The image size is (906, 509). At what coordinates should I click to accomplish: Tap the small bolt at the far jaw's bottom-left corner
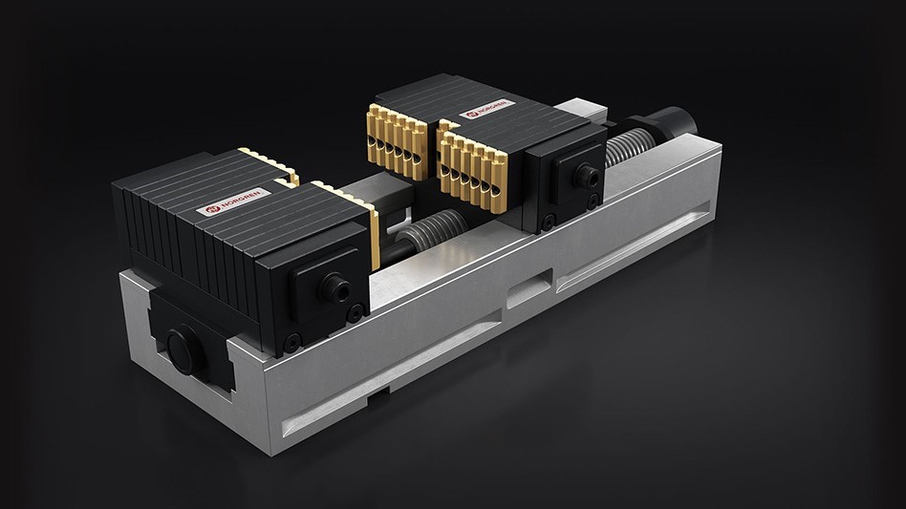[548, 223]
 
